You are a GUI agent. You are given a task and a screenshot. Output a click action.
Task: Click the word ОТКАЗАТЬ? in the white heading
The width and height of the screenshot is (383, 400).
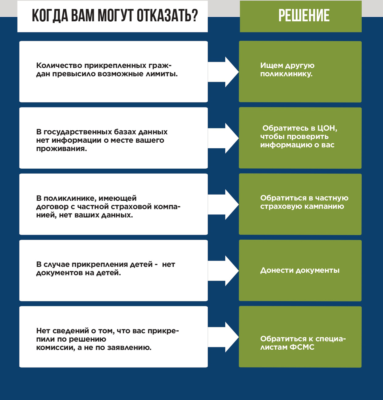click(167, 16)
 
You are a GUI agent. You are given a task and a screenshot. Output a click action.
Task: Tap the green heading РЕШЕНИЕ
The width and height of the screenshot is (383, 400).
click(304, 15)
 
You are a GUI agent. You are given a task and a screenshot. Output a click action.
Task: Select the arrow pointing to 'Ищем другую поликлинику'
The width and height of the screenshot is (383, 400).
click(223, 72)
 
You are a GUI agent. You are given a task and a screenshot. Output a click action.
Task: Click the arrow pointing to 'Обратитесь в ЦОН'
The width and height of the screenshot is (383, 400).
click(223, 138)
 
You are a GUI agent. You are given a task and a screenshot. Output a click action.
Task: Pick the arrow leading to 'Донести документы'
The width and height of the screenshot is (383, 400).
click(223, 271)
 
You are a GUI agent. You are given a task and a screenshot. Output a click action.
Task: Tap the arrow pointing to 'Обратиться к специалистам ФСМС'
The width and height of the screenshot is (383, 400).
click(223, 337)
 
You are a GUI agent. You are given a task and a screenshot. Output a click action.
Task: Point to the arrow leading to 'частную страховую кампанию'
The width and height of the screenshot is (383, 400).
click(223, 204)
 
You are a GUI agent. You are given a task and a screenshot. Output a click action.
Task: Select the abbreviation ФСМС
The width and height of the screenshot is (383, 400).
click(302, 347)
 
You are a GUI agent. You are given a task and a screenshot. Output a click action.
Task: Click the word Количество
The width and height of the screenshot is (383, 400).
click(59, 65)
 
